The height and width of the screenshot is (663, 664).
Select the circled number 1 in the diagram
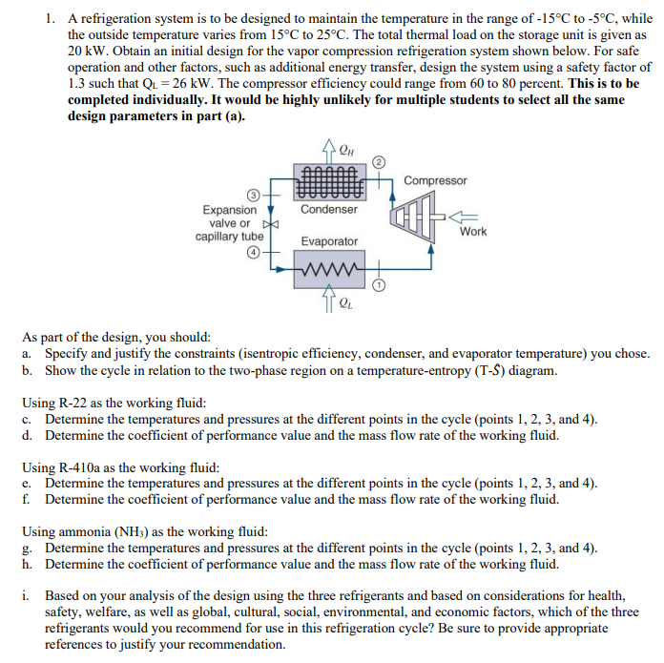tap(378, 285)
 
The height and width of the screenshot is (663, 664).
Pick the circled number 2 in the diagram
tap(377, 160)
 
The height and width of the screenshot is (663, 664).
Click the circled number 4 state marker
tap(254, 253)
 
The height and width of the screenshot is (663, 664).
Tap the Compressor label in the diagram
tap(435, 180)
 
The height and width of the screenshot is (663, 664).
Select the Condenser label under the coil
tap(329, 209)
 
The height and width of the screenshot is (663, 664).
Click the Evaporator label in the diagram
tap(329, 242)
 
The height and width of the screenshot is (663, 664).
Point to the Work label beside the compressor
tap(473, 231)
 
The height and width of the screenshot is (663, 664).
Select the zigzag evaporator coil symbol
tap(330, 268)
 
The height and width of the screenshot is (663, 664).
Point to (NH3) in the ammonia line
tap(140, 531)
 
